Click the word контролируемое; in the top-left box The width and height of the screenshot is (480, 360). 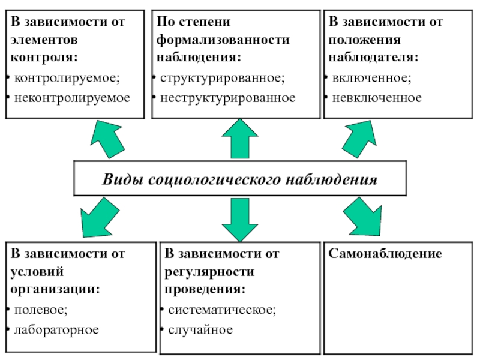[67, 79]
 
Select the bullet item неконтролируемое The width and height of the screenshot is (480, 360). [72, 98]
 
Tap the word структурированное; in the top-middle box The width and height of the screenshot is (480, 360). [223, 79]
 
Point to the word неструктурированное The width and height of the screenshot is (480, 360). [228, 98]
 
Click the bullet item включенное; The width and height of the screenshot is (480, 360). [371, 78]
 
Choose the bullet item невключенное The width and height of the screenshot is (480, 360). [377, 98]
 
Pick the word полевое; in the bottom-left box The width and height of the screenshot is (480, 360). [41, 310]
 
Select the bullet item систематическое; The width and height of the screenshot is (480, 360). [222, 310]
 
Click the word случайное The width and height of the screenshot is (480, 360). [200, 330]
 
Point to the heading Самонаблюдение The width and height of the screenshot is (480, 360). [385, 253]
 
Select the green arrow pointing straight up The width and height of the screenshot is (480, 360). [240, 139]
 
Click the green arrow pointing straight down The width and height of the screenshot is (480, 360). [240, 220]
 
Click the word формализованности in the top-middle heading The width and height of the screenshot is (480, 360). [223, 40]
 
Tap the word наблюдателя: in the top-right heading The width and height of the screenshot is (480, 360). [373, 58]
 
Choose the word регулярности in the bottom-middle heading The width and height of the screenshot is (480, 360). [209, 272]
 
